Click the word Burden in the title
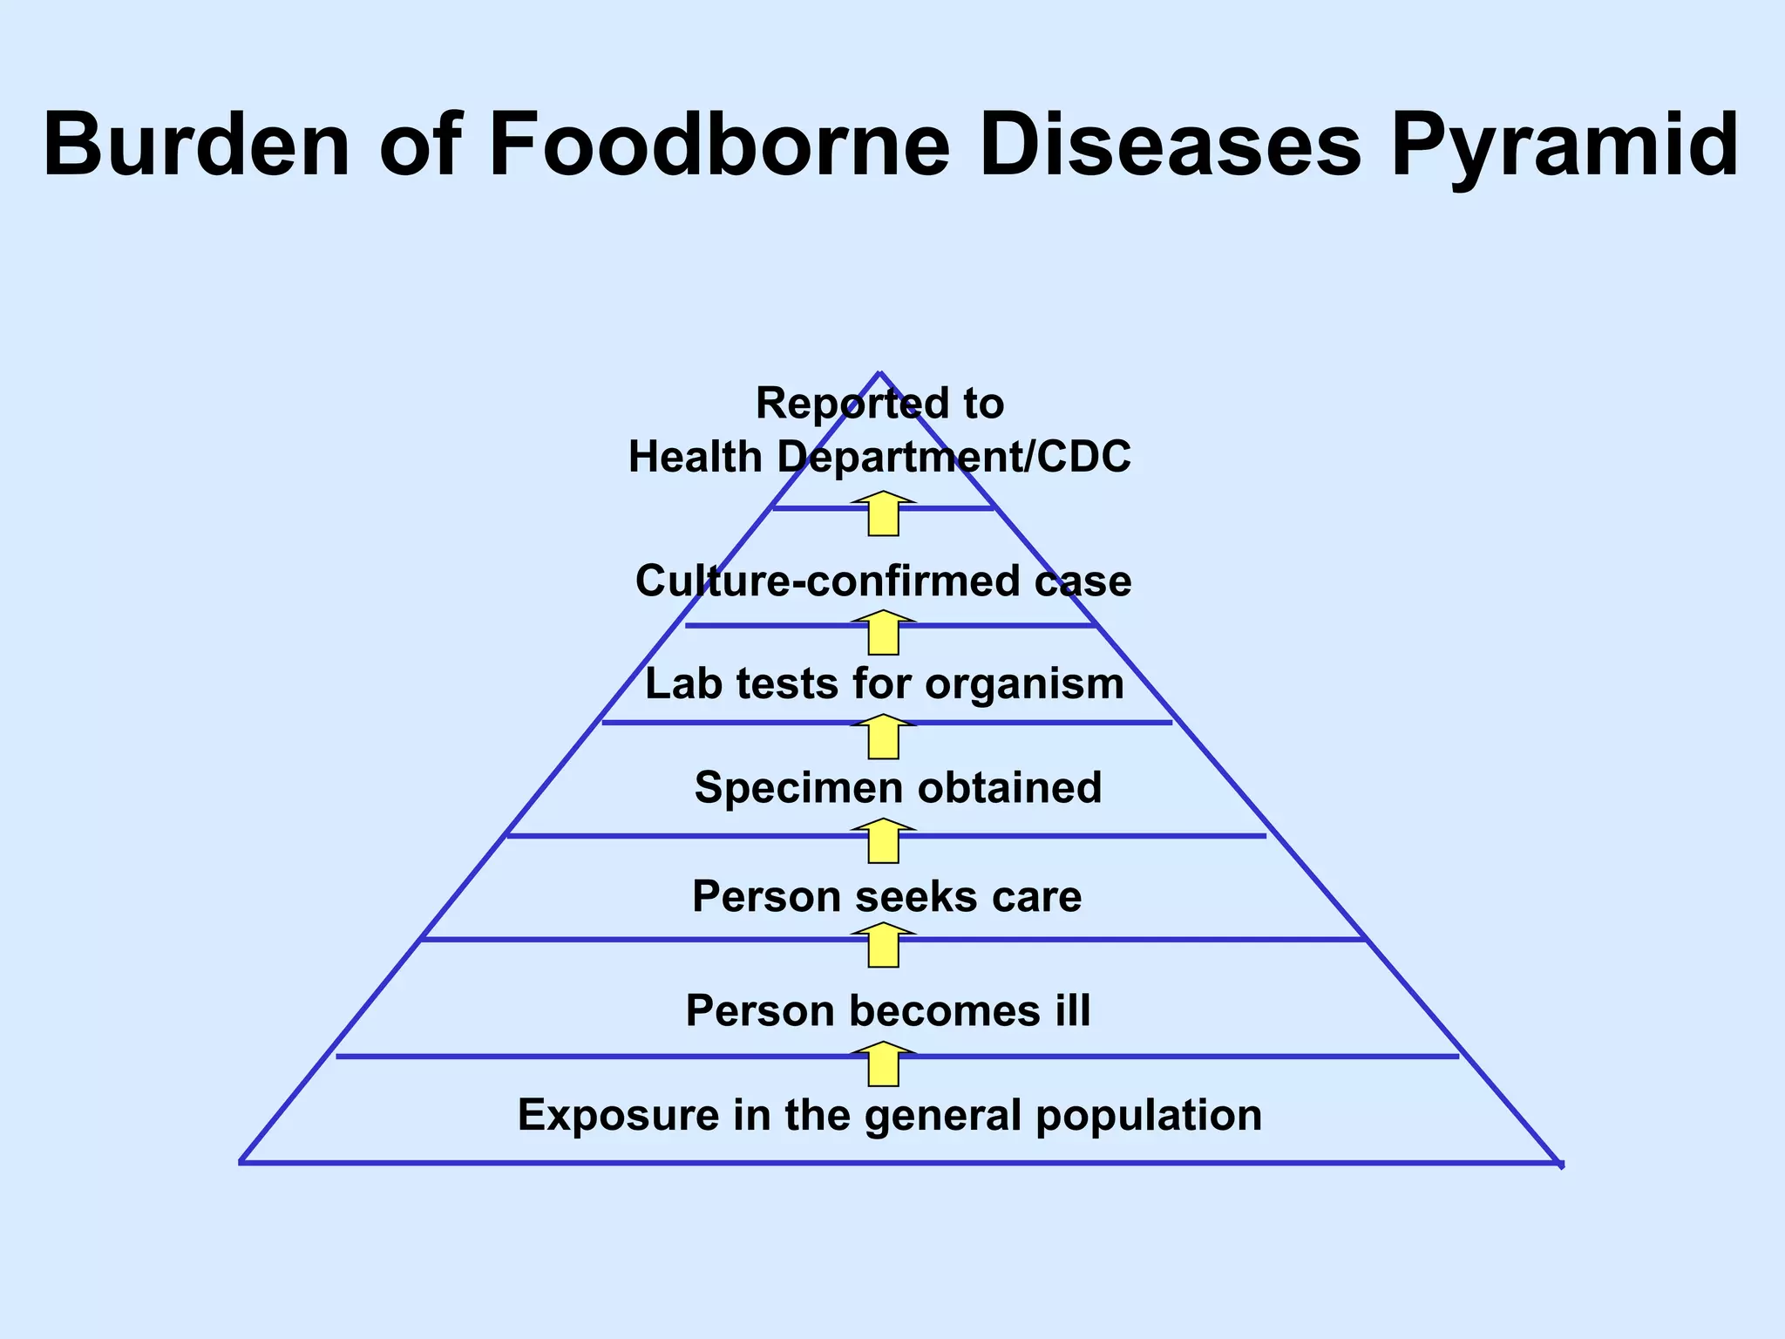(x=196, y=145)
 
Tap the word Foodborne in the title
(x=719, y=145)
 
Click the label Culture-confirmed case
(x=883, y=581)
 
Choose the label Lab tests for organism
(x=884, y=683)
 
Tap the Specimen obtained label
(x=898, y=787)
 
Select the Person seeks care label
(x=886, y=896)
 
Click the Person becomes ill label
(x=887, y=1011)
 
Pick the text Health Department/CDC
(x=879, y=457)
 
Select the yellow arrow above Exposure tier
(x=884, y=1064)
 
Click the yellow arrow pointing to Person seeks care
(x=884, y=946)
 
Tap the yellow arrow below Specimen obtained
(x=884, y=841)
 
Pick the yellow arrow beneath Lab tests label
(x=884, y=737)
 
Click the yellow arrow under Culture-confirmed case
(x=884, y=633)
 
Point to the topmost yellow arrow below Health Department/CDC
(x=884, y=514)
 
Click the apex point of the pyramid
(x=880, y=374)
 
